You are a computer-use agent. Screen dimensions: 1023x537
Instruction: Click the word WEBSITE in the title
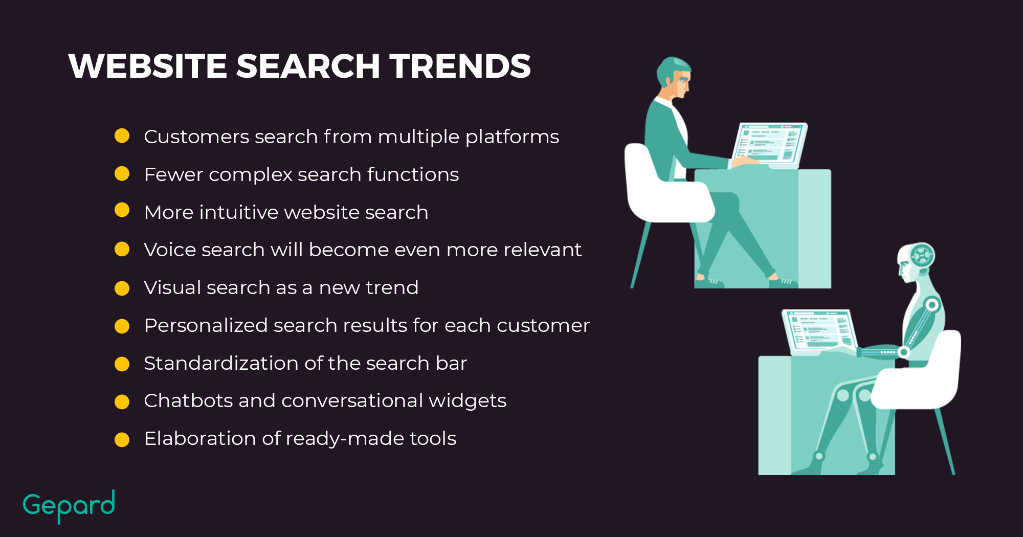tap(148, 66)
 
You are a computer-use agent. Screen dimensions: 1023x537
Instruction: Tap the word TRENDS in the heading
tap(460, 66)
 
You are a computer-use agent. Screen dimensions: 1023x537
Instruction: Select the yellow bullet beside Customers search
tap(122, 136)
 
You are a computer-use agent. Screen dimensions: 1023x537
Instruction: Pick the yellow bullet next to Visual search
tap(122, 288)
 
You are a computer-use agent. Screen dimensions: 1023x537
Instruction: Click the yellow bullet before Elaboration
tap(122, 439)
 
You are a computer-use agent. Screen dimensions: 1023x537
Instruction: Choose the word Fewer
tap(174, 174)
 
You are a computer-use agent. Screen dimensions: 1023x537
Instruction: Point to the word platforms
tap(512, 137)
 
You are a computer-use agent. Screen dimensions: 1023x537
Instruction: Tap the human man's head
tap(674, 77)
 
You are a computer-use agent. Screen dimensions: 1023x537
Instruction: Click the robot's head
tap(916, 262)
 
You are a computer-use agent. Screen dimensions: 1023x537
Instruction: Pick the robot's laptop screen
tap(820, 330)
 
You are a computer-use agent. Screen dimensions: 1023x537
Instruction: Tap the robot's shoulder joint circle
tap(932, 305)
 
